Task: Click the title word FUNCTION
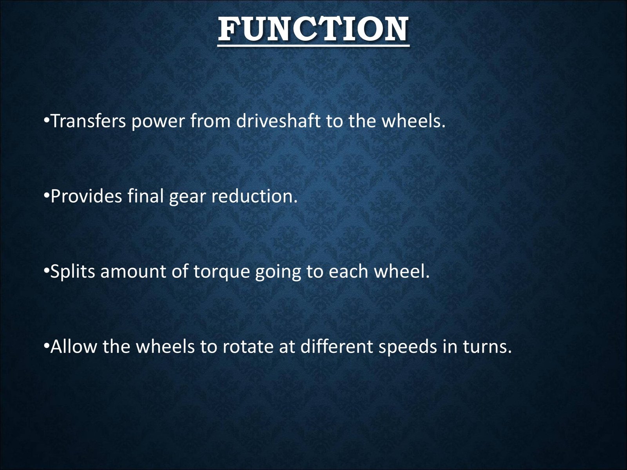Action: [313, 29]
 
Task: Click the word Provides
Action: [86, 196]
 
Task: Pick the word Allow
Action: [73, 346]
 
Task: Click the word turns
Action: [487, 347]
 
